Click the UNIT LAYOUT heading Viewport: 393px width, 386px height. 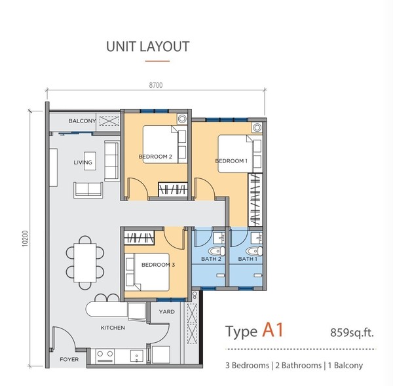(147, 47)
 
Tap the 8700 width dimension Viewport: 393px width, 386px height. (156, 85)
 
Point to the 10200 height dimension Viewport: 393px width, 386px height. (26, 239)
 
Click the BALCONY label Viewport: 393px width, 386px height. (83, 121)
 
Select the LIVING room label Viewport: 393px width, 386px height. (83, 163)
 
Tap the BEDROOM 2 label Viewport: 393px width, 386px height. (155, 157)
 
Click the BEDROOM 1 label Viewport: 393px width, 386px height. (231, 161)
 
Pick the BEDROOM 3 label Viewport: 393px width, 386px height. (158, 265)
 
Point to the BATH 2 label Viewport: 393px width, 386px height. (211, 259)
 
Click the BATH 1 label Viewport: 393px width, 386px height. (248, 259)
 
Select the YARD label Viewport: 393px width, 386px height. (166, 312)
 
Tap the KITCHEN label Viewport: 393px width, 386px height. (113, 328)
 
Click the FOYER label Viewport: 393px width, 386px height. (69, 359)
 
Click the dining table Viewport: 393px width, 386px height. (85, 263)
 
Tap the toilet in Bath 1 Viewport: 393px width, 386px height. (254, 251)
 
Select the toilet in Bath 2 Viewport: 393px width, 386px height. (217, 251)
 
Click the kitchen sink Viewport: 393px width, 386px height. (137, 356)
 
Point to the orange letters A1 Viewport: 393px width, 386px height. (273, 330)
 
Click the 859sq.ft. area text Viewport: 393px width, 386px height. (352, 333)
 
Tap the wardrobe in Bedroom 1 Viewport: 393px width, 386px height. (255, 200)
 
